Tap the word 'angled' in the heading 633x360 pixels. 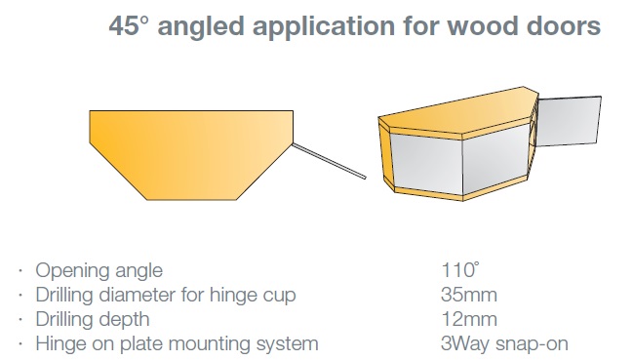point(201,27)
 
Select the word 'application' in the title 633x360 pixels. point(324,27)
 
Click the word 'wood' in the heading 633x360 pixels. point(481,25)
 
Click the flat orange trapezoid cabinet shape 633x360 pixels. point(191,154)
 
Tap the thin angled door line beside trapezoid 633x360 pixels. point(329,161)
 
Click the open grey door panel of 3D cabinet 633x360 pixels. point(568,121)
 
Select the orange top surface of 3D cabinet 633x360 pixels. point(458,110)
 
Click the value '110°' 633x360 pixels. point(460,270)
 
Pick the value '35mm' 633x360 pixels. point(469,295)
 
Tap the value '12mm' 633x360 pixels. point(469,319)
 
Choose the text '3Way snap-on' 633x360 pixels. point(504,343)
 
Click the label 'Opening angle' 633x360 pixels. point(99,271)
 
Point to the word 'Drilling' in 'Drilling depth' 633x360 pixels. point(64,319)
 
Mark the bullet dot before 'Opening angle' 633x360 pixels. point(20,271)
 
